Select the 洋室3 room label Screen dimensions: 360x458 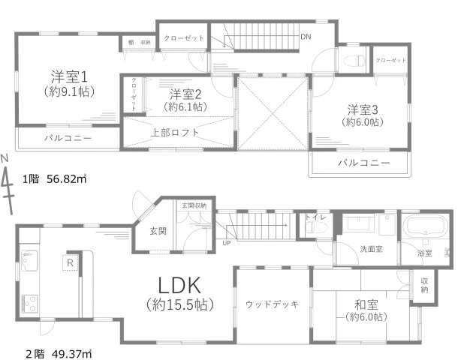click(362, 108)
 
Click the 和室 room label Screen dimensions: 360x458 click(363, 304)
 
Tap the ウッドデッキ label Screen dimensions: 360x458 click(273, 304)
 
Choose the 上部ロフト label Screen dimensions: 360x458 click(175, 132)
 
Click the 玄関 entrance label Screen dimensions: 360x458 click(157, 231)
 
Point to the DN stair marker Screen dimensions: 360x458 click(306, 36)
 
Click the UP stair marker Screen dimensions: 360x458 click(226, 242)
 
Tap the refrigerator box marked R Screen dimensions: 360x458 click(69, 262)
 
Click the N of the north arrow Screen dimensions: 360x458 click(5, 158)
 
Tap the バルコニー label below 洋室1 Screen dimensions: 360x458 click(67, 139)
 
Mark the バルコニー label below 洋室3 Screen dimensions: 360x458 click(363, 163)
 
